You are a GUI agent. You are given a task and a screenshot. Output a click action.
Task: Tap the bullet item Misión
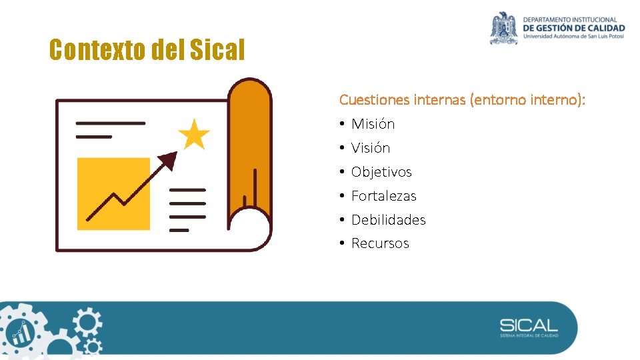tap(373, 124)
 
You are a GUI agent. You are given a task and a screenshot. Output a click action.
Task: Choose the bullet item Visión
tap(371, 148)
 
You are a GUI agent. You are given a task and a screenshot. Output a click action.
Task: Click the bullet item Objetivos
tap(381, 172)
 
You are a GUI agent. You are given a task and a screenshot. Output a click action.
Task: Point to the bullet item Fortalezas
tap(383, 196)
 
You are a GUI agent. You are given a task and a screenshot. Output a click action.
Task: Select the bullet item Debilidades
tap(388, 220)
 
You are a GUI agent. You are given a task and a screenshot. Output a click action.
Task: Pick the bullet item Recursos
tap(380, 243)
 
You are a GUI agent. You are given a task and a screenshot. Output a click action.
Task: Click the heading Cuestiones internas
tap(403, 100)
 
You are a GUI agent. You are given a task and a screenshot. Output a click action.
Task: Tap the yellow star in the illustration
tap(194, 134)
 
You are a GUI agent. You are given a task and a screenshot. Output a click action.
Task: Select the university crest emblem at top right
tap(503, 28)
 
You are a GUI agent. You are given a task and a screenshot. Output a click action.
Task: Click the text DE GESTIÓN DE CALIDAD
tap(574, 28)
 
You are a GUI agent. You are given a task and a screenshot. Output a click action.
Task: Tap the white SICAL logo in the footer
tap(529, 326)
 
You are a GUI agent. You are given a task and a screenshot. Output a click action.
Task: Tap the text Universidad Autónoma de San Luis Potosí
tap(574, 37)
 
